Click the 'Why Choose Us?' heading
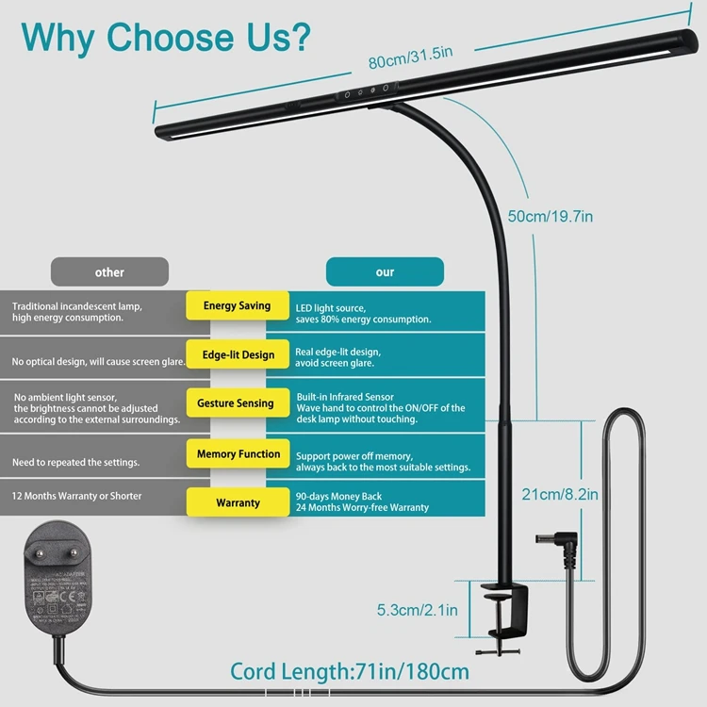pos(166,38)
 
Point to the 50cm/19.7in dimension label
pos(551,216)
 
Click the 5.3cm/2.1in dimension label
pos(418,611)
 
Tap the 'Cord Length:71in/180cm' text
pos(350,672)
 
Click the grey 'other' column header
pos(109,272)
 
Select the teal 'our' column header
pos(385,272)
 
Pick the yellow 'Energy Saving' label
pos(237,306)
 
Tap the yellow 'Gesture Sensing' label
pos(236,403)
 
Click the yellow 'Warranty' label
pos(238,503)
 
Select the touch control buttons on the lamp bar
pos(367,92)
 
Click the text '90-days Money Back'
pos(338,495)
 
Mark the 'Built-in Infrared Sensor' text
pos(345,397)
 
